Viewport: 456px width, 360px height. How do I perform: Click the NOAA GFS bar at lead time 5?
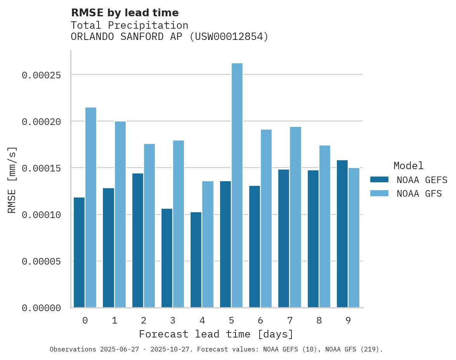(x=237, y=185)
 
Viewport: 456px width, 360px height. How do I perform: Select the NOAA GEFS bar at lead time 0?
(x=79, y=253)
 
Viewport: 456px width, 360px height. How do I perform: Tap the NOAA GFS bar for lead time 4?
(x=208, y=244)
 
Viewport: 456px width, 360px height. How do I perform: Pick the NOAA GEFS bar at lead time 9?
(x=342, y=234)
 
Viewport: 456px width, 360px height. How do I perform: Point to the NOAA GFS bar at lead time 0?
(x=91, y=208)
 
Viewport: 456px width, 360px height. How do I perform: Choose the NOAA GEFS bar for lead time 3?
(x=167, y=258)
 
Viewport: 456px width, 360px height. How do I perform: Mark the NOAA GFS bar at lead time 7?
(x=295, y=217)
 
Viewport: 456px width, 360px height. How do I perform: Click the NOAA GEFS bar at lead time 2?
(x=138, y=241)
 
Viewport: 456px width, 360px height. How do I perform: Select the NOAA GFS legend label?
(x=419, y=193)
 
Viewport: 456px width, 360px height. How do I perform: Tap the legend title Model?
(x=408, y=166)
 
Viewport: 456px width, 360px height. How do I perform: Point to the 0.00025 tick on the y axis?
(x=41, y=75)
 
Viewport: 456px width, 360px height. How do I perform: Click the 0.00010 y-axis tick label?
(x=41, y=215)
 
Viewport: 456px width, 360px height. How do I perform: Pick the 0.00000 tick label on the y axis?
(x=41, y=308)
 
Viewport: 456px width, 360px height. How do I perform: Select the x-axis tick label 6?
(x=260, y=320)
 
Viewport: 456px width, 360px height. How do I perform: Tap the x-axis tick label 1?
(x=114, y=320)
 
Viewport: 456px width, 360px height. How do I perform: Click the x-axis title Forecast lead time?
(x=216, y=334)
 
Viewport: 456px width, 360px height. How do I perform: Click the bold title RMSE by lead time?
(x=125, y=13)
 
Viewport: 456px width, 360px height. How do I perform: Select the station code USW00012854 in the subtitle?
(x=229, y=37)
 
